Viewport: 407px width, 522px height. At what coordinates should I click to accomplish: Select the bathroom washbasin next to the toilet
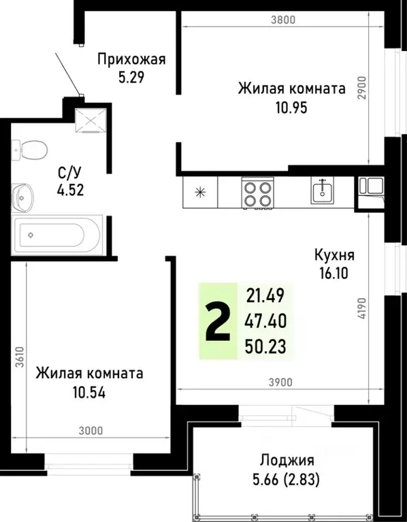pos(25,197)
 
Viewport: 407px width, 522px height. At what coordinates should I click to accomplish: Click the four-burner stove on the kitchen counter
pos(257,193)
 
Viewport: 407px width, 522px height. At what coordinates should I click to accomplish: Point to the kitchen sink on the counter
pos(323,191)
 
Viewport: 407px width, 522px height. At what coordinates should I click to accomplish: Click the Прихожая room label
pos(131,59)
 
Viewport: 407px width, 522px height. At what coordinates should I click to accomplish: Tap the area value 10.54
pos(89,392)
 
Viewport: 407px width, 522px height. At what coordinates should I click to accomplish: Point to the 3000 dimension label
pos(90,430)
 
